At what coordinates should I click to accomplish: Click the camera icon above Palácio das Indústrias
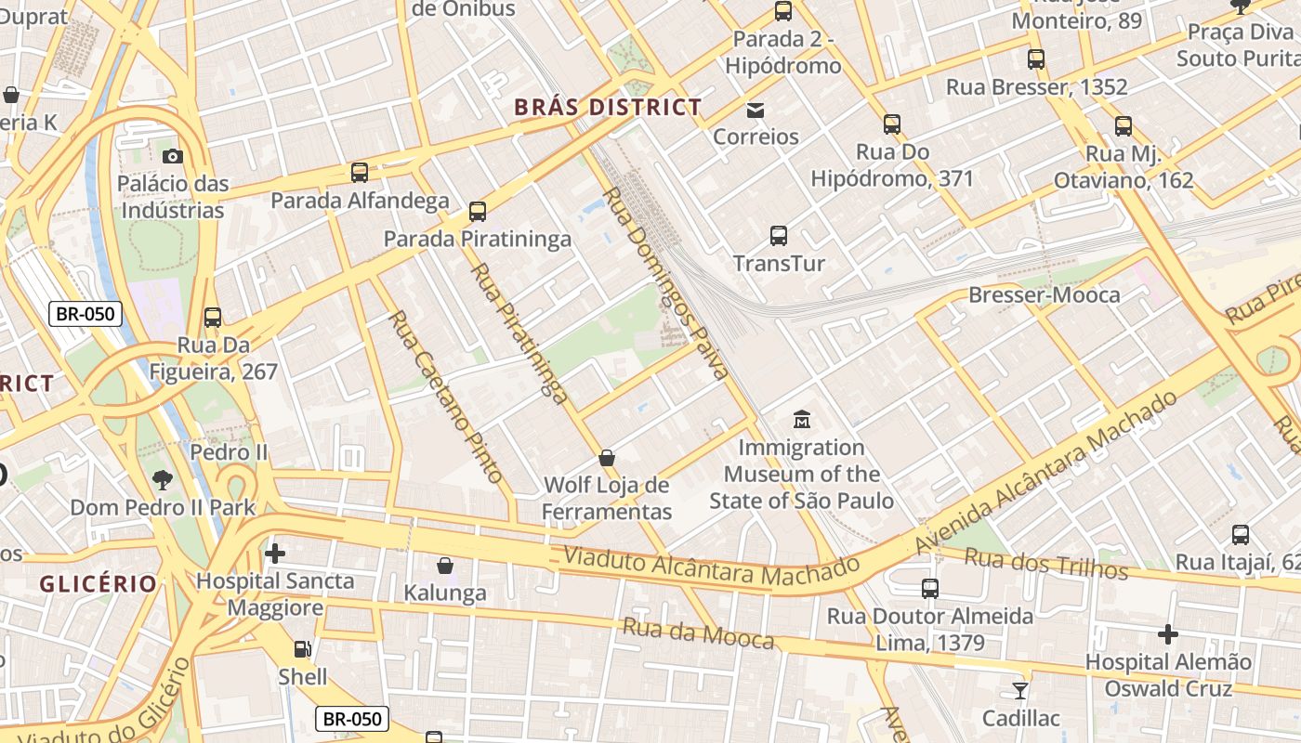point(172,156)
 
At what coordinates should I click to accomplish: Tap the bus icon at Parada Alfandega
point(360,172)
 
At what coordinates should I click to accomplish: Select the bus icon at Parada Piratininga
point(478,212)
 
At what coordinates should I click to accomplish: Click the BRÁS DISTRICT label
point(608,108)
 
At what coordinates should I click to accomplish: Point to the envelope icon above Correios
point(756,111)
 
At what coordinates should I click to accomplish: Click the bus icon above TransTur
point(779,236)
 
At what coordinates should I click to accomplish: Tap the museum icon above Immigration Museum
point(801,420)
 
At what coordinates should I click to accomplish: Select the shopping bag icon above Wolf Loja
point(607,458)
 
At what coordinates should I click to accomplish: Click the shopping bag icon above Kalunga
point(445,566)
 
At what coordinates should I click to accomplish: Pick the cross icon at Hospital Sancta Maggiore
point(275,554)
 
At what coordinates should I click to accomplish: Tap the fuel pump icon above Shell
point(303,649)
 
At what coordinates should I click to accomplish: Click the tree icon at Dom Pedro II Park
point(163,480)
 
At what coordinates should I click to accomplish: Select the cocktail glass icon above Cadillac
point(1020,691)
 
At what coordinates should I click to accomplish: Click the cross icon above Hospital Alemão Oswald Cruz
point(1168,634)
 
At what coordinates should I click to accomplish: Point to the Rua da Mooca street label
point(698,633)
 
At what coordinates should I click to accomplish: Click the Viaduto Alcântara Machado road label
point(712,567)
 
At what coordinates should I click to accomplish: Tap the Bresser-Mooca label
point(1044,295)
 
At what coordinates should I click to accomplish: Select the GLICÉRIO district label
point(99,584)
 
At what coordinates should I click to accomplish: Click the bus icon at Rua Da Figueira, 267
point(213,318)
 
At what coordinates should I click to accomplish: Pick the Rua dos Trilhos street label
point(1045,563)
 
